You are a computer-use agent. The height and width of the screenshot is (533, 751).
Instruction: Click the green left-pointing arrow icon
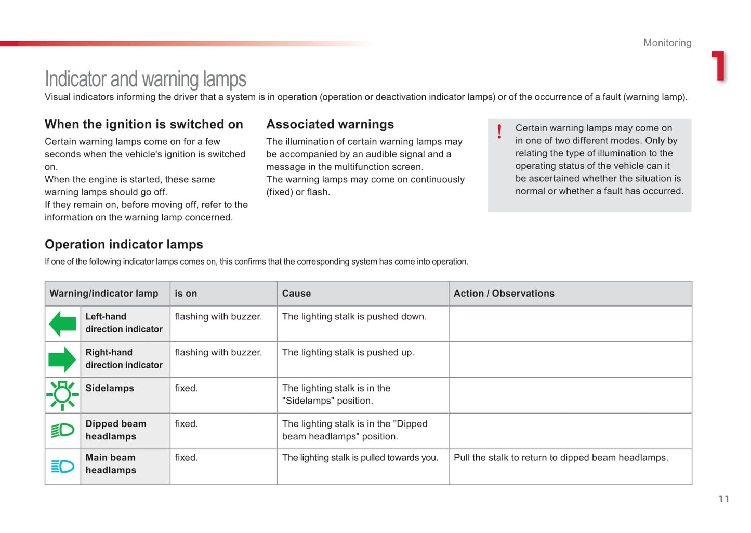(x=62, y=324)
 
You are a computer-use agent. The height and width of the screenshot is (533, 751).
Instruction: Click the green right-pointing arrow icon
(x=62, y=359)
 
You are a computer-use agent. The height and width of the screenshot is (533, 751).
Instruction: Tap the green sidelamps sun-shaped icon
(x=62, y=395)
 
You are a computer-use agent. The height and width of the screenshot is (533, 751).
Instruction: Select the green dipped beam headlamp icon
(x=63, y=430)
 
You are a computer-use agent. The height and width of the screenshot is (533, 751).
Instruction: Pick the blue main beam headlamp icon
(x=63, y=467)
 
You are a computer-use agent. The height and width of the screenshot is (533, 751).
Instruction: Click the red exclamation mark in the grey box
(x=499, y=131)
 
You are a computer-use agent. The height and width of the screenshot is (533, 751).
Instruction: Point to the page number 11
(x=723, y=499)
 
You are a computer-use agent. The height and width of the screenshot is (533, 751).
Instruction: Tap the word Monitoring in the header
(x=667, y=43)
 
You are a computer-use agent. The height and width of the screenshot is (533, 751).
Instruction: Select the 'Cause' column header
(x=296, y=294)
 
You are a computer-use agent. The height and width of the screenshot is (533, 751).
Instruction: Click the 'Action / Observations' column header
(x=504, y=294)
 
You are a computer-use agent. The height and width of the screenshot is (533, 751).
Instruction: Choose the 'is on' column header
(x=186, y=294)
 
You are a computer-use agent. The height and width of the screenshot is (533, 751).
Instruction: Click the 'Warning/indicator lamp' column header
(x=104, y=294)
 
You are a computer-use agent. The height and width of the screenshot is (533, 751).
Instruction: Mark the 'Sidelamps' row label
(x=110, y=388)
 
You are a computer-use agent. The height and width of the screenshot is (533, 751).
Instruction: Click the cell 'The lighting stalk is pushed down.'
(x=354, y=317)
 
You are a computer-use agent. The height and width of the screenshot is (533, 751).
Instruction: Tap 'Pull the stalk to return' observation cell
(x=561, y=458)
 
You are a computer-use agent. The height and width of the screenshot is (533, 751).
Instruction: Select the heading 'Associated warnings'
(x=330, y=125)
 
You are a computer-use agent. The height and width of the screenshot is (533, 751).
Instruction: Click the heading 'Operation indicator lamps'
(x=124, y=245)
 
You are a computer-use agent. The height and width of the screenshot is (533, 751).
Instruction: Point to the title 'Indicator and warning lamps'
(x=146, y=79)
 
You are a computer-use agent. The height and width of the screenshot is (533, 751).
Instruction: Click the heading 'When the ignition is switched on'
(x=144, y=125)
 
